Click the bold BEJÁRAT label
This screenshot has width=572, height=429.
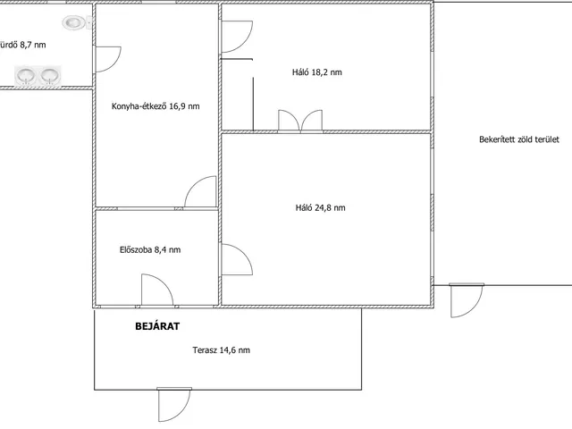tap(157, 325)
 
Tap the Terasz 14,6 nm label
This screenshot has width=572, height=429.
tap(221, 350)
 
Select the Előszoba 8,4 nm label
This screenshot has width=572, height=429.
tap(150, 249)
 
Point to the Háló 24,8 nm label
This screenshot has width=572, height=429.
tap(320, 207)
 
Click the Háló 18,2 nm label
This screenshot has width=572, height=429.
tap(317, 71)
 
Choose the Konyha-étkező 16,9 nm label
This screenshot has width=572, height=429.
tap(156, 106)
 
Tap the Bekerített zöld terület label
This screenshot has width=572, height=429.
tap(518, 139)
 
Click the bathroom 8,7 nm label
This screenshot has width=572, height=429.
tap(22, 45)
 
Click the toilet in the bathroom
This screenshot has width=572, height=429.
tap(77, 22)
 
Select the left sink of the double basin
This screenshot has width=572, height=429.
tap(26, 75)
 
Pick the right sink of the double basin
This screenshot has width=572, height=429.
tap(50, 75)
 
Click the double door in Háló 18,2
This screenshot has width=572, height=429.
tap(300, 120)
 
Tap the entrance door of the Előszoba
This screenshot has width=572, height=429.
tap(157, 290)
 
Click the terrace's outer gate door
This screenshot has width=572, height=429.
tap(174, 405)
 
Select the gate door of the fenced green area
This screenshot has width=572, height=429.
tap(467, 300)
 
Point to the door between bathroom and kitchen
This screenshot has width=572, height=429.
tap(108, 59)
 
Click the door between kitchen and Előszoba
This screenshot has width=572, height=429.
tap(200, 192)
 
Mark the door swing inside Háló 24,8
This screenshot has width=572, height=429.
tap(237, 259)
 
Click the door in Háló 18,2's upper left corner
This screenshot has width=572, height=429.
tap(237, 37)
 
